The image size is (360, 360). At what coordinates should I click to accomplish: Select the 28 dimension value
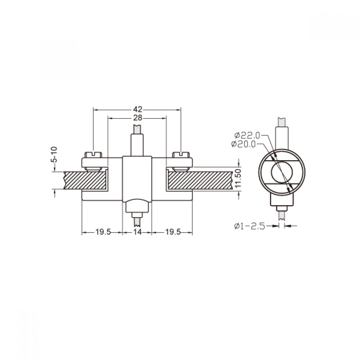(138, 118)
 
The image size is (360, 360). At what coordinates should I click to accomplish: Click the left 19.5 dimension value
(103, 232)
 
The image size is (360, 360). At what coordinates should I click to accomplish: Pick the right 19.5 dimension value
(173, 232)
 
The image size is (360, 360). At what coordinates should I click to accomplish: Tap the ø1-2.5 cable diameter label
(250, 226)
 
